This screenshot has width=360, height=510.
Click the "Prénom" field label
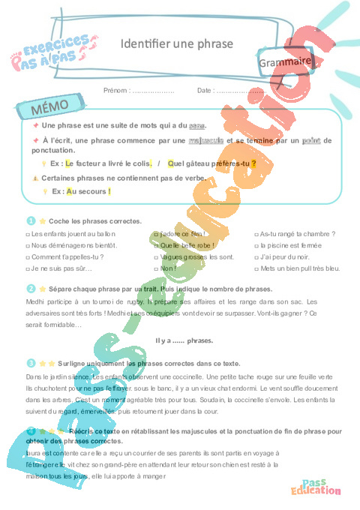point(118,90)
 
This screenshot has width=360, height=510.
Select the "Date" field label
point(205,90)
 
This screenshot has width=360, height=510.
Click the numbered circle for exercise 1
point(31,221)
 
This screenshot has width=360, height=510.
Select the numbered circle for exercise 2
point(31,288)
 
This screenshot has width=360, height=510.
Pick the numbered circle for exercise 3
point(31,363)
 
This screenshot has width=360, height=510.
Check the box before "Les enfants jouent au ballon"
point(28,234)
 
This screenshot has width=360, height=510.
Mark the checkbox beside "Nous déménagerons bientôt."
point(28,245)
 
